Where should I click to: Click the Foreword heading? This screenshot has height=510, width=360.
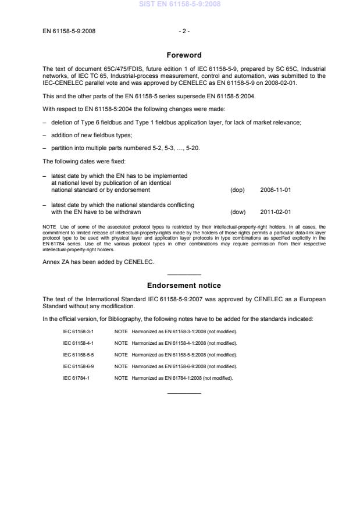[184, 55]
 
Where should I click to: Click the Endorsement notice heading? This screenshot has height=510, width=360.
[184, 286]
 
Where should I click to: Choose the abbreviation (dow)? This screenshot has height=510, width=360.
[238, 212]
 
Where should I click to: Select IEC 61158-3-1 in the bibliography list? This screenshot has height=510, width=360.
[79, 331]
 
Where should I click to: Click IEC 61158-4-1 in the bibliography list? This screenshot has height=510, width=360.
[79, 343]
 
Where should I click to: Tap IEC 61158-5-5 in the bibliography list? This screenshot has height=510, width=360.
[79, 354]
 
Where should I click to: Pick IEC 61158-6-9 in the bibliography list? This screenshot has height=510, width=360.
[79, 366]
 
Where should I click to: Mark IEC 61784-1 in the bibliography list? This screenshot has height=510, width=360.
[76, 377]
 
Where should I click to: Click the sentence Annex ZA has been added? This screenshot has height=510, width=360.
[97, 262]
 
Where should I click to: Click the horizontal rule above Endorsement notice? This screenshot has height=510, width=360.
[184, 274]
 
